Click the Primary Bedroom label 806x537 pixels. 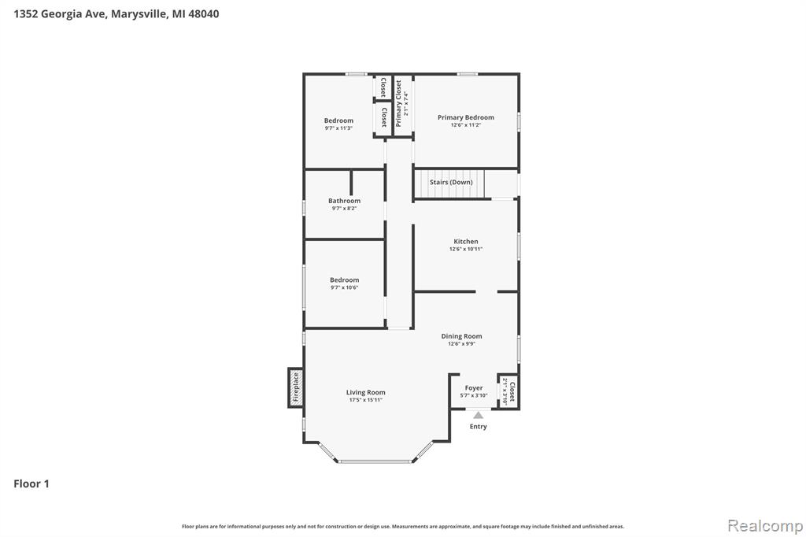tap(466, 117)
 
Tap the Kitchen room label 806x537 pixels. tap(466, 241)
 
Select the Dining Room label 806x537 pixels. tap(461, 336)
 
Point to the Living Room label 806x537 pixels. tap(365, 392)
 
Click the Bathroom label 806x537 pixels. tap(345, 201)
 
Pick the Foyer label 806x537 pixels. tap(474, 388)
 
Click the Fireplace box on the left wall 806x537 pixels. tap(295, 388)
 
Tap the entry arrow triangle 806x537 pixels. tap(479, 415)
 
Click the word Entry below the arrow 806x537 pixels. tap(478, 427)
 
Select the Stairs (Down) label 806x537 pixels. tap(451, 182)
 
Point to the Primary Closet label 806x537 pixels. tap(398, 103)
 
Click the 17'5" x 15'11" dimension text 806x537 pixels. tap(365, 400)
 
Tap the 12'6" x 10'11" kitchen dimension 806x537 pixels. tap(466, 249)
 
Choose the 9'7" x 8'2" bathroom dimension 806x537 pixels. tap(345, 209)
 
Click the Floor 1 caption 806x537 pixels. tap(31, 483)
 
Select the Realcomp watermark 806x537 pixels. tap(765, 526)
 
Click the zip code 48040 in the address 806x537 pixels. tap(204, 14)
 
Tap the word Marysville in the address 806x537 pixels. tap(139, 14)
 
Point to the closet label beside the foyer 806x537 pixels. tap(512, 392)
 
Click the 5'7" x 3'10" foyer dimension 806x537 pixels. tap(474, 395)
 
